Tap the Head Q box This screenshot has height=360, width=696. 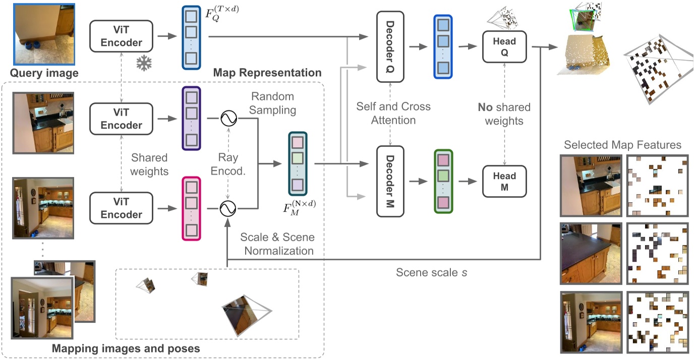pyautogui.click(x=504, y=46)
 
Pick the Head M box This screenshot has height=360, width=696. pyautogui.click(x=504, y=182)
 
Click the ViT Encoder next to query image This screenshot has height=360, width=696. pyautogui.click(x=122, y=36)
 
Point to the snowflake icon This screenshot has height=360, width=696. pyautogui.click(x=145, y=64)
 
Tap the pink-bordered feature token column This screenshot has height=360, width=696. pyautogui.click(x=191, y=208)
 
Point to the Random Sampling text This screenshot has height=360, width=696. pyautogui.click(x=273, y=102)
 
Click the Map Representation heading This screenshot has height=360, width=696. pyautogui.click(x=267, y=73)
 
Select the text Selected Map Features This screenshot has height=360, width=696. pyautogui.click(x=622, y=145)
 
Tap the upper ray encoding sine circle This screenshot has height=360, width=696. pyautogui.click(x=227, y=119)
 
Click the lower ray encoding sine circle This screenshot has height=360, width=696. pyautogui.click(x=227, y=207)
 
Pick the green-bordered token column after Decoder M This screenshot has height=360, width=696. pyautogui.click(x=443, y=181)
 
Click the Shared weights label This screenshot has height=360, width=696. pyautogui.click(x=149, y=164)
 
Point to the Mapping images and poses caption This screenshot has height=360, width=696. pyautogui.click(x=126, y=348)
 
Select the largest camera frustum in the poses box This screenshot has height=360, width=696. pyautogui.click(x=245, y=314)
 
